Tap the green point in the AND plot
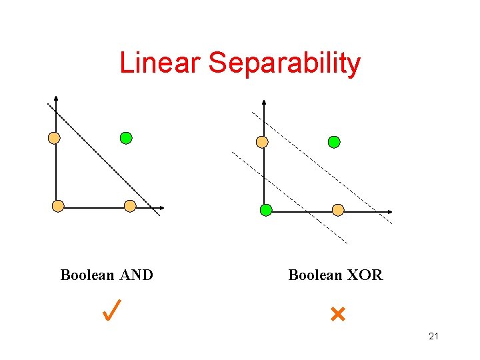[126, 138]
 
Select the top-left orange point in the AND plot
[54, 138]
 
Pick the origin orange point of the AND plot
[58, 206]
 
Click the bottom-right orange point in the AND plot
[130, 206]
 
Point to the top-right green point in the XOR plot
[334, 141]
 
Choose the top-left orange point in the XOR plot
[263, 141]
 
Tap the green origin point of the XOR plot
[266, 210]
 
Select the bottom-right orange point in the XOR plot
[338, 210]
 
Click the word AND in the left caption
[137, 275]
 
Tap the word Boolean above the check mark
[87, 275]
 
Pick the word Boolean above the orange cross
[314, 275]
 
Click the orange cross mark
[337, 313]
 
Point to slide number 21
[433, 336]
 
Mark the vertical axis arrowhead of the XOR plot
[265, 103]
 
